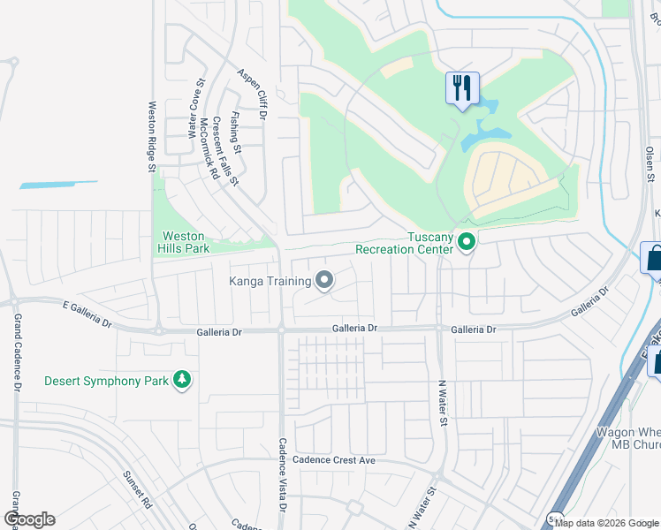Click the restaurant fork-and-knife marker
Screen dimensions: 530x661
coord(462,88)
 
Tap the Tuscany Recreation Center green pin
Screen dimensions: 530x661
coord(467,241)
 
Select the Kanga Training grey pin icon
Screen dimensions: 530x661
coord(324,281)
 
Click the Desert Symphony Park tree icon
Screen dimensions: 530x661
coord(182,381)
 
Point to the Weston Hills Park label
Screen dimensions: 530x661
coord(183,242)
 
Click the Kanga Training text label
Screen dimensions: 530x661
coord(270,281)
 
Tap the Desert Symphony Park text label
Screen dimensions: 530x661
coord(106,381)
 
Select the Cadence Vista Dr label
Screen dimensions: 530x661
coord(283,475)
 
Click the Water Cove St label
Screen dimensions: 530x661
coord(195,111)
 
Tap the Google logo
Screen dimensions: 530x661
coord(29,519)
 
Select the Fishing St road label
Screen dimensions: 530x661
coord(234,131)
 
